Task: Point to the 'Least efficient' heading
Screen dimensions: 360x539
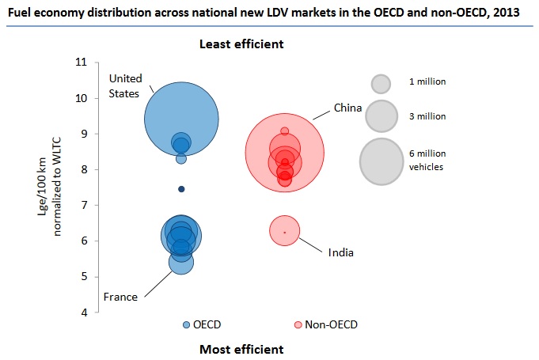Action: click(x=241, y=44)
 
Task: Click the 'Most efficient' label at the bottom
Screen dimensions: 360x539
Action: click(x=241, y=349)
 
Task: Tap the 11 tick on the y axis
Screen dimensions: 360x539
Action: click(x=81, y=63)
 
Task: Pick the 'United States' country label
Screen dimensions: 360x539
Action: click(x=124, y=85)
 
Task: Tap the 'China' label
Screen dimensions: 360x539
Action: click(x=347, y=108)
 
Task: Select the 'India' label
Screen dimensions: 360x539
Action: click(x=341, y=252)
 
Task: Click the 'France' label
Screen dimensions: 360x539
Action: click(x=120, y=297)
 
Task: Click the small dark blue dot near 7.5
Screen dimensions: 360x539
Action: click(x=181, y=189)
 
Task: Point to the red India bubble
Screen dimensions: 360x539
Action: click(x=284, y=231)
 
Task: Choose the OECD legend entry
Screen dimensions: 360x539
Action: click(x=201, y=324)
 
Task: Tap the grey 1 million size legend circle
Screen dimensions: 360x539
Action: click(x=381, y=83)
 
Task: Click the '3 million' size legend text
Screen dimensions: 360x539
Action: click(x=427, y=116)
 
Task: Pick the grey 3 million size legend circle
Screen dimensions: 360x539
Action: click(x=381, y=116)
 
